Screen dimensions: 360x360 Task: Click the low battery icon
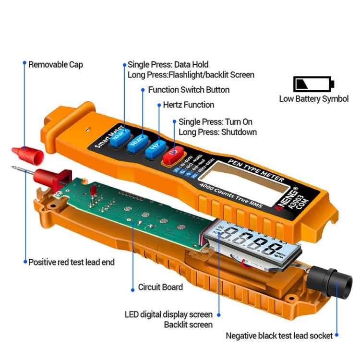(x=313, y=84)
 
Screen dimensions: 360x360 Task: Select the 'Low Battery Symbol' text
(x=314, y=99)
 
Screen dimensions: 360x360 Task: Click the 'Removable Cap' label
(x=55, y=64)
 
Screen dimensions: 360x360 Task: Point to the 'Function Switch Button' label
(x=189, y=90)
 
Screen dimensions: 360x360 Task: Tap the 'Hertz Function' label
(x=189, y=105)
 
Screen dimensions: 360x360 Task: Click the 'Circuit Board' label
(x=160, y=287)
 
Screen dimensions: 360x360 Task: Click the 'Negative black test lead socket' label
(x=279, y=336)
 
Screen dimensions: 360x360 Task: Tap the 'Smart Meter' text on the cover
(x=104, y=136)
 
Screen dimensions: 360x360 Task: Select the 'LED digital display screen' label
(x=168, y=314)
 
